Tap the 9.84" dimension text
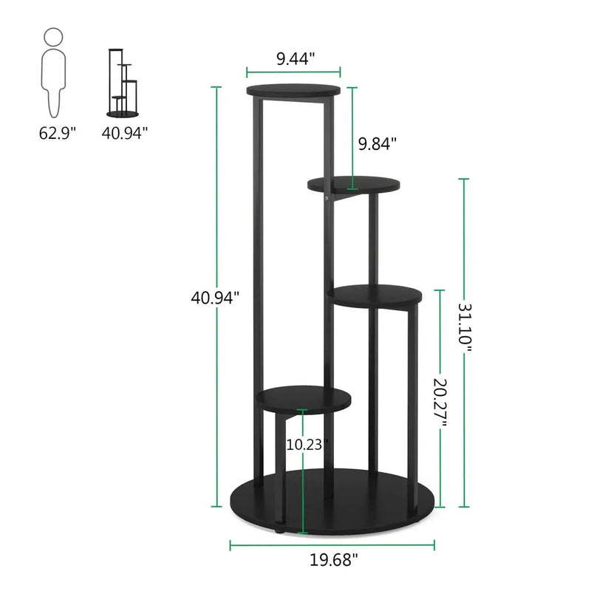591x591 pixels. point(378,143)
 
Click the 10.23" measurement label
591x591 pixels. point(307,445)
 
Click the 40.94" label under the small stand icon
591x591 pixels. point(126,133)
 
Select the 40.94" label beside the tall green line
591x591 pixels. point(215,298)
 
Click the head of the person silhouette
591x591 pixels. point(53,36)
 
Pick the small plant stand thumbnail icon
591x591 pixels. point(123,82)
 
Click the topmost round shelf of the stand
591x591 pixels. point(294,91)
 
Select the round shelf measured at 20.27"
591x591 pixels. point(376,294)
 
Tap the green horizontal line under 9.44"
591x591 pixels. point(293,72)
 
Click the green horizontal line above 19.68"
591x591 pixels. point(333,547)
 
